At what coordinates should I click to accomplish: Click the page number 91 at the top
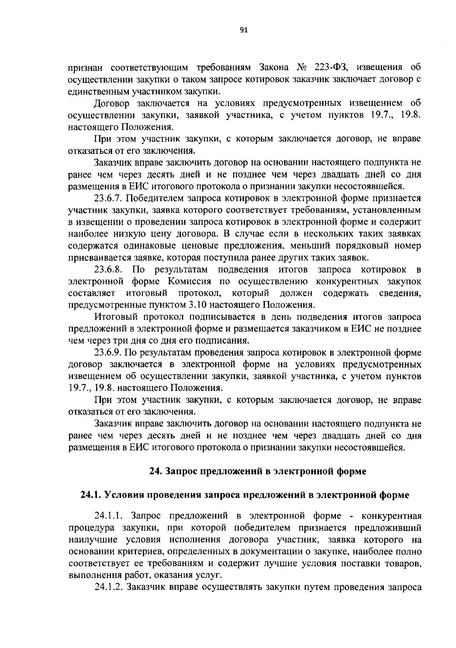(x=244, y=30)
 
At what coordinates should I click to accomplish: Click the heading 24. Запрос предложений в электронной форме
(x=258, y=472)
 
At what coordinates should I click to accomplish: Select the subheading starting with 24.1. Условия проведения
(x=245, y=495)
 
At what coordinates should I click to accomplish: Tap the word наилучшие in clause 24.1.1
(x=90, y=539)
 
